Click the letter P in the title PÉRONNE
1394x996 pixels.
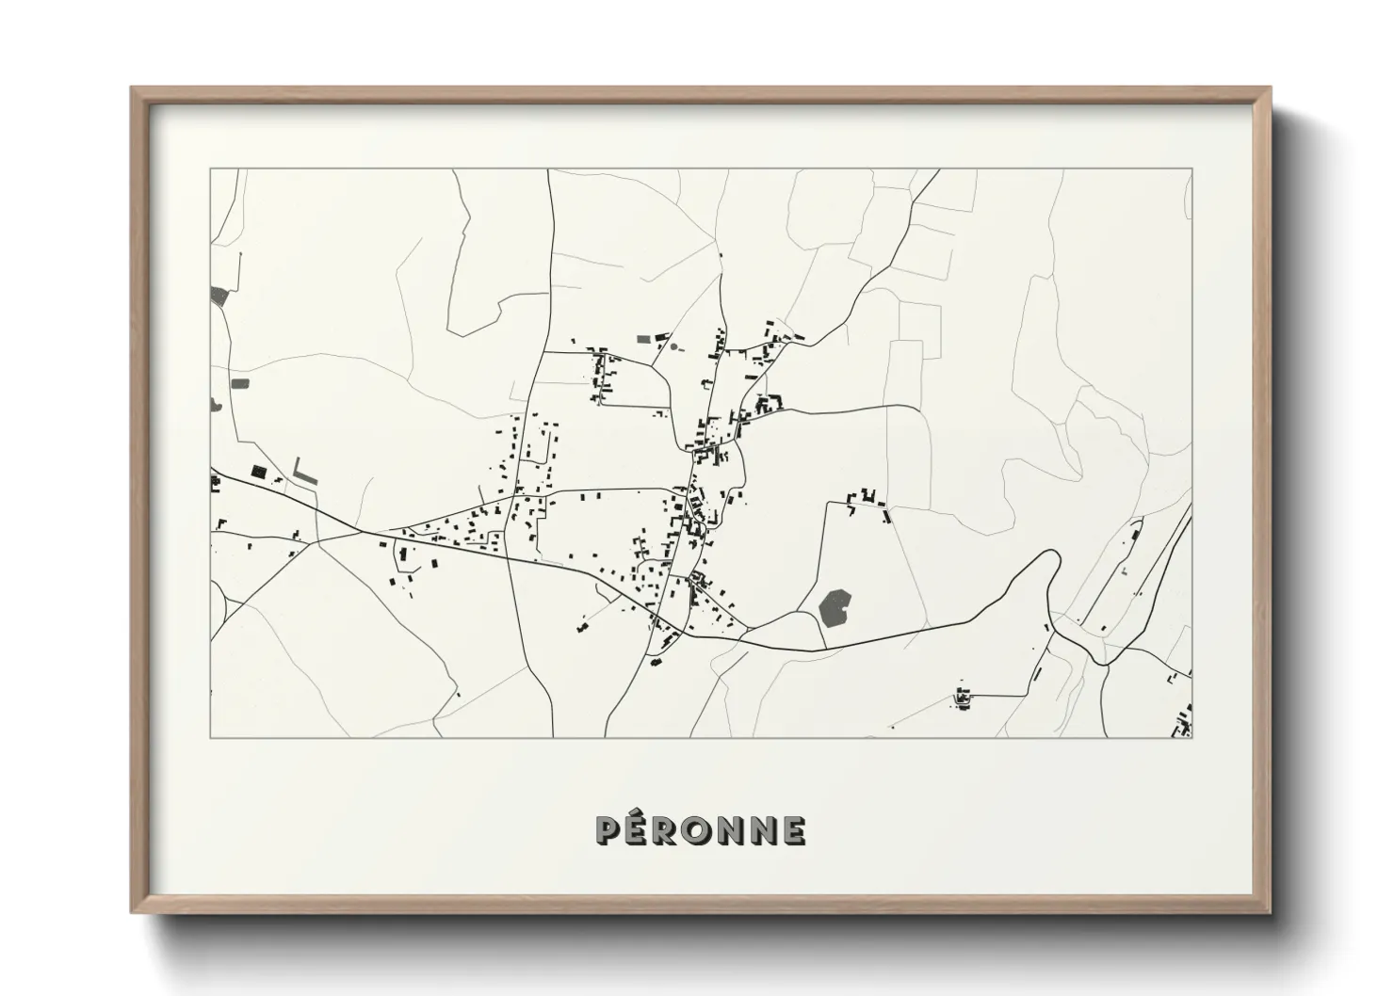coord(607,831)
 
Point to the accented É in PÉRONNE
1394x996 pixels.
coord(636,829)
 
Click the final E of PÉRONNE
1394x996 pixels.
coord(794,831)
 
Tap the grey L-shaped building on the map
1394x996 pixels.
coord(303,474)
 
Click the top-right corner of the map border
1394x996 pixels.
coord(1191,169)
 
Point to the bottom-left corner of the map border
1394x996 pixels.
coord(211,736)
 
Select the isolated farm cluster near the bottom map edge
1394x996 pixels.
coord(963,698)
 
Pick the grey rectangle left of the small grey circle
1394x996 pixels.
coord(644,338)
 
